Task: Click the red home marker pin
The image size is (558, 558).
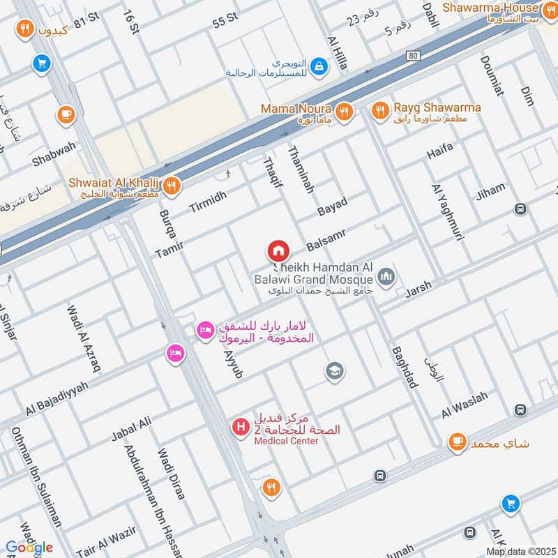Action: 278,250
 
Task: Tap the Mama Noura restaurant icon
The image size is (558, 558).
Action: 343,111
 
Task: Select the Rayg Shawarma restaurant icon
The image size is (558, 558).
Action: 380,110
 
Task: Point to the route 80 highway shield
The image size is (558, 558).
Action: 414,56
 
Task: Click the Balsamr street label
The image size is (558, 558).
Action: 326,239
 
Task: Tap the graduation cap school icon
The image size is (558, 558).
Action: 335,371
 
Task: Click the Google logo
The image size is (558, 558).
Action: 29,547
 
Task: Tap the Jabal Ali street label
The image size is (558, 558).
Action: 130,430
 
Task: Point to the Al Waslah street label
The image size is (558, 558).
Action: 465,405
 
